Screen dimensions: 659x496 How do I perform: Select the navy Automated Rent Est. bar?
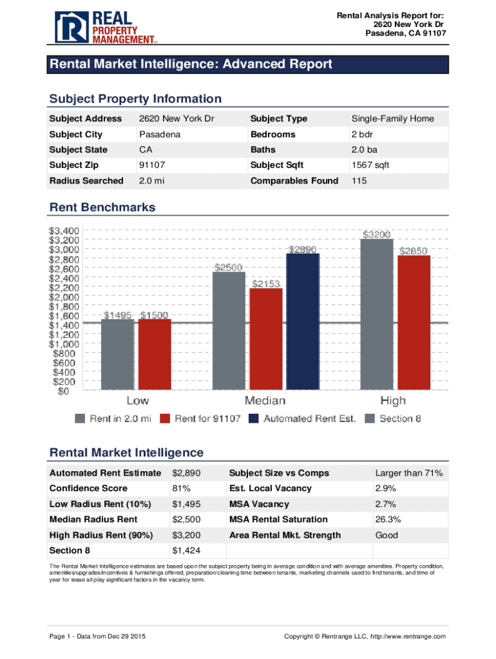tap(303, 321)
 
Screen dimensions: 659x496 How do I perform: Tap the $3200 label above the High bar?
tap(376, 235)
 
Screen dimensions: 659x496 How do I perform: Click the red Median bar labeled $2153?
tap(266, 339)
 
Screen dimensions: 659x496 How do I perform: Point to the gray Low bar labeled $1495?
tap(118, 355)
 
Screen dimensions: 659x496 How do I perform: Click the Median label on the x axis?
tap(265, 401)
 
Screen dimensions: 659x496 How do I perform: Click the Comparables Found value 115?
tap(359, 181)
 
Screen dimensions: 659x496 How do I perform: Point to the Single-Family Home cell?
tap(392, 118)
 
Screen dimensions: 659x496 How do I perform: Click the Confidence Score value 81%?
tap(181, 488)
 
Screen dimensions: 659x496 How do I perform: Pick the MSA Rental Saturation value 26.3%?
tap(388, 519)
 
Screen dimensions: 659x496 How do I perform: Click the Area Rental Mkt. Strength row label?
tap(285, 535)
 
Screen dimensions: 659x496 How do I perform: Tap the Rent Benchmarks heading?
tap(102, 207)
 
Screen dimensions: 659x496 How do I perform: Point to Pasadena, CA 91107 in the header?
tap(406, 33)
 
